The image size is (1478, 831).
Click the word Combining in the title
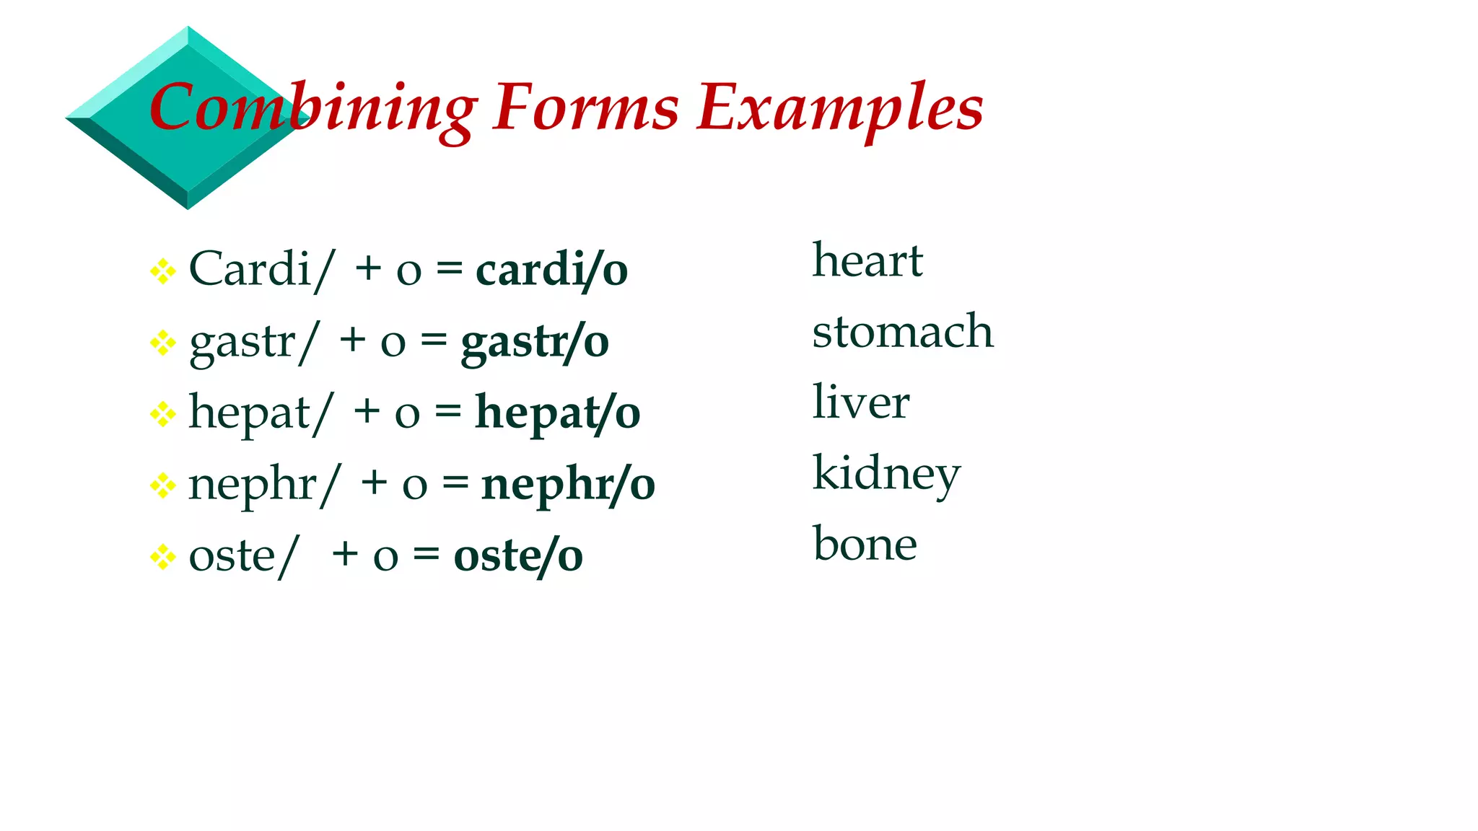312,108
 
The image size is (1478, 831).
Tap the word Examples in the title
840,108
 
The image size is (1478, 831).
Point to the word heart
867,260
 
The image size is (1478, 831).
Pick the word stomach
903,331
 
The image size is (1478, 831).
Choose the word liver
861,402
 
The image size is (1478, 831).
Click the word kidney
887,474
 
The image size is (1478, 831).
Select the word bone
865,544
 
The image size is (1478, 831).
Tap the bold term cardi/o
552,271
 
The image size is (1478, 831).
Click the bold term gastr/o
535,342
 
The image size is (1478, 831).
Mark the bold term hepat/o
557,413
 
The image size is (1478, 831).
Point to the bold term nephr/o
568,484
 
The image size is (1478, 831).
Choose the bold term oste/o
518,556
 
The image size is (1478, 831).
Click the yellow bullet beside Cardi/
163,271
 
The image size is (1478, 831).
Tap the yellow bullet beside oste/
163,557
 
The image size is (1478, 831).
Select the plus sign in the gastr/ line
353,340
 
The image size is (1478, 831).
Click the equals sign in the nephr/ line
455,483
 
